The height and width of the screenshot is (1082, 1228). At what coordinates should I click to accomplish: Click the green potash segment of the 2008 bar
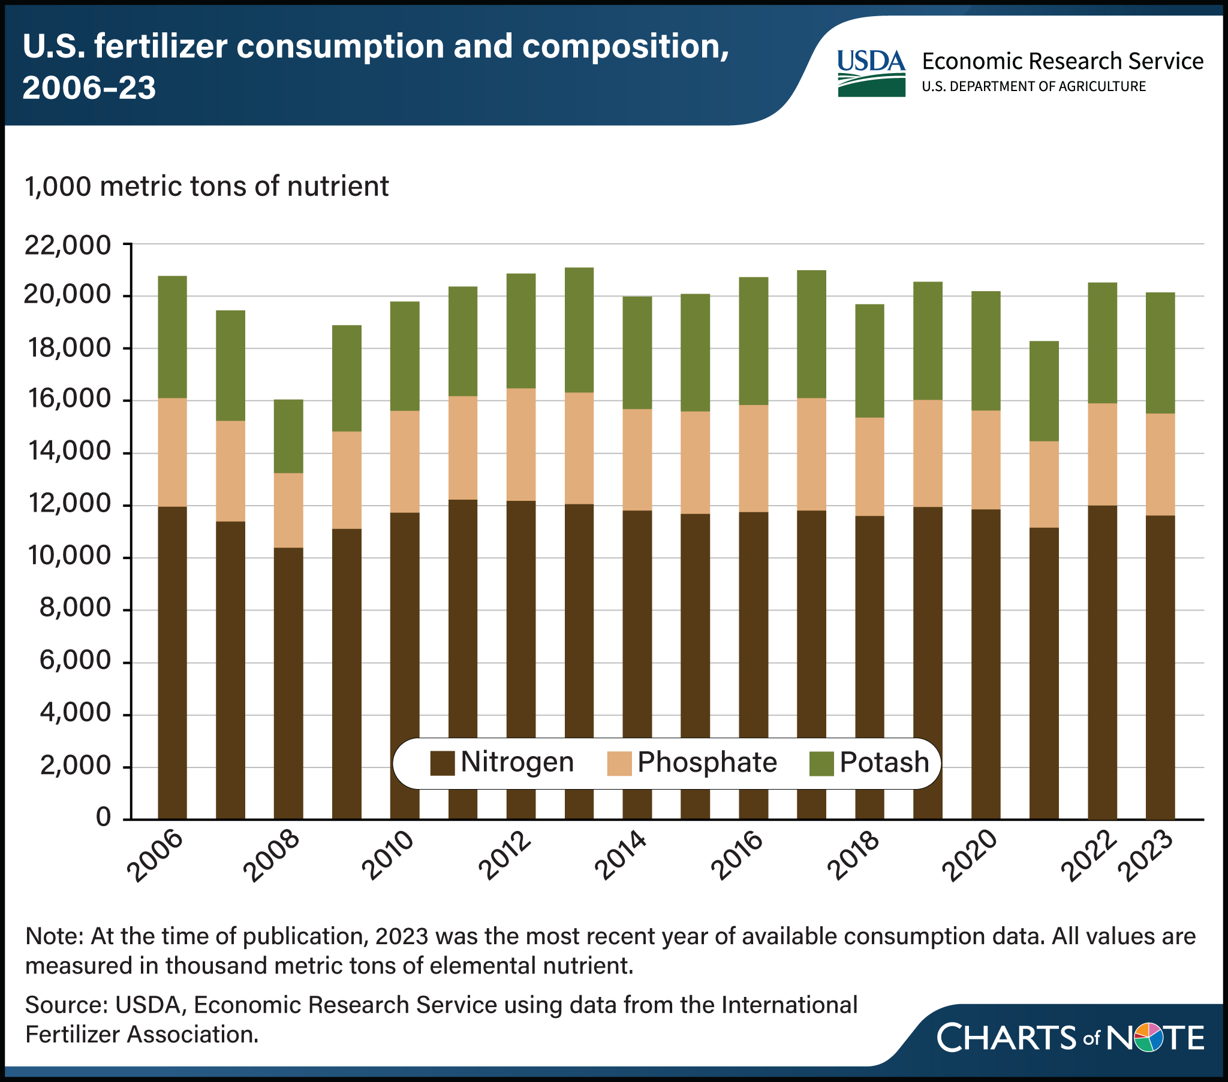click(x=288, y=436)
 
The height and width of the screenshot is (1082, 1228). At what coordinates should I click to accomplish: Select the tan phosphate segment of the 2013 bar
click(x=579, y=448)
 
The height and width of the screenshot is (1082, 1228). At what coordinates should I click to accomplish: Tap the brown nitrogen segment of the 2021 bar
click(x=1044, y=672)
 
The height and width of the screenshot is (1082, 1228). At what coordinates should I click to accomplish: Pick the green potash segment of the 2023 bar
click(x=1160, y=353)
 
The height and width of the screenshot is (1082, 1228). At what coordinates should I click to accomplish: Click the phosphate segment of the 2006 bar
click(x=173, y=452)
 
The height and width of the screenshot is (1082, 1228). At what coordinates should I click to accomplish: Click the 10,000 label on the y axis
click(x=68, y=557)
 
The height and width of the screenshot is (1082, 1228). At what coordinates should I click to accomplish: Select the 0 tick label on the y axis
click(x=103, y=818)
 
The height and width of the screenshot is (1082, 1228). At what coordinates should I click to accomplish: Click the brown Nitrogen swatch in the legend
click(x=443, y=763)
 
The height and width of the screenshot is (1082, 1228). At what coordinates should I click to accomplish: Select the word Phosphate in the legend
click(x=707, y=762)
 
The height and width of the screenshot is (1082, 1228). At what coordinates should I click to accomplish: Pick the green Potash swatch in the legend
click(x=821, y=763)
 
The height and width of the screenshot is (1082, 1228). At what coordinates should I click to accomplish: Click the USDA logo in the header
click(x=871, y=73)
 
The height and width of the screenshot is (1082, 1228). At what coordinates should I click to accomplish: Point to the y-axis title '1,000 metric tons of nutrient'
click(x=207, y=186)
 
